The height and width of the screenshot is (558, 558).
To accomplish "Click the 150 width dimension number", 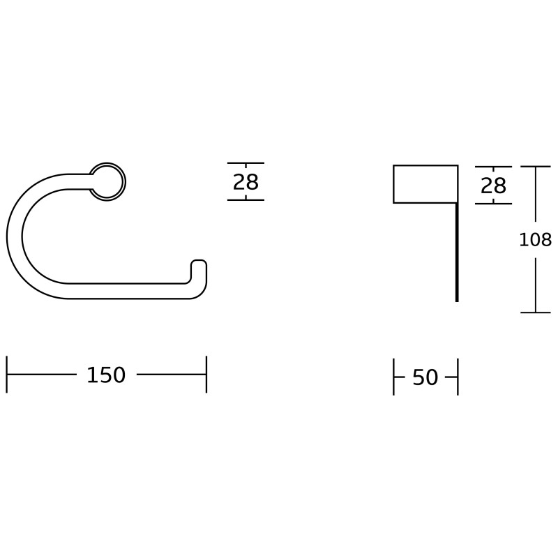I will (x=106, y=375).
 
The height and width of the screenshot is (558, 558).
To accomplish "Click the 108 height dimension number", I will (x=535, y=240).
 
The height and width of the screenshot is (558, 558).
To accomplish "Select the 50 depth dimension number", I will (x=425, y=377).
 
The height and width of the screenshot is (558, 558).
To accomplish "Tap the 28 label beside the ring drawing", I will (x=246, y=182).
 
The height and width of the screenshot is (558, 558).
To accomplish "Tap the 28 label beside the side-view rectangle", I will (x=493, y=186).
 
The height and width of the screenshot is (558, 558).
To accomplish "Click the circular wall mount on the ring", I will (x=109, y=181).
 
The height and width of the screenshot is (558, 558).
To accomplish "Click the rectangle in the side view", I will (x=425, y=184).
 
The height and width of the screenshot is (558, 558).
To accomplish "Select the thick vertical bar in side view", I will (x=457, y=252).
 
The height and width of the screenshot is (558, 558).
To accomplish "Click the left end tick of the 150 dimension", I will (x=7, y=375).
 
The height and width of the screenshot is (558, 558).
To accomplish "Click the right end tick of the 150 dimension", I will (x=206, y=375).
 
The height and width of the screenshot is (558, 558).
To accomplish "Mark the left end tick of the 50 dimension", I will (x=394, y=377).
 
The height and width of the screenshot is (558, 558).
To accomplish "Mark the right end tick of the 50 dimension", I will (x=458, y=377).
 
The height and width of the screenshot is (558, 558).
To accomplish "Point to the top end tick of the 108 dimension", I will (x=535, y=166).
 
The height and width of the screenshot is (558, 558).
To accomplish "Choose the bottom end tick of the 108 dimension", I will (x=535, y=312).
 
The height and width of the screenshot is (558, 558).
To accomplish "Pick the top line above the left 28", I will (x=246, y=163).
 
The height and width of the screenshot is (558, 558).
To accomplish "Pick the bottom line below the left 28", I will (x=246, y=200).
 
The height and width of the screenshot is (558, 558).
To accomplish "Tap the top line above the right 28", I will (x=493, y=167).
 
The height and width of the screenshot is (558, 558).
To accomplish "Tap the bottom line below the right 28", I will (x=493, y=204).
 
